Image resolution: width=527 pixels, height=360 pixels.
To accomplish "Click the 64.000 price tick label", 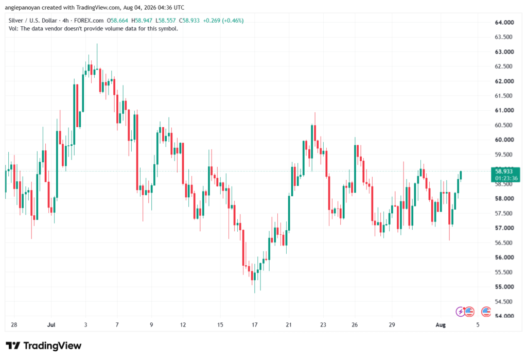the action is [504, 22].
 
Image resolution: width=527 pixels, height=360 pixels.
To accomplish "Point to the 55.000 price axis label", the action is [504, 287].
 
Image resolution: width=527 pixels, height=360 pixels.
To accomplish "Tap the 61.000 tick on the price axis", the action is [504, 110].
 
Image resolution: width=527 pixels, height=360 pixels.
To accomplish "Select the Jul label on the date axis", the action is [51, 324].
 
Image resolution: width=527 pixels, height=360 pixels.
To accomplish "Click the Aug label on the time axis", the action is [441, 324].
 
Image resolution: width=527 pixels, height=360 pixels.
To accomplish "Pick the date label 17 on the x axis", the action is [254, 324].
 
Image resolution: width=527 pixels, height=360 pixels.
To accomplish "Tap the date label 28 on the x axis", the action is [14, 324].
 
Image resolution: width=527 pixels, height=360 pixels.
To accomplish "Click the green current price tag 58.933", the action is [504, 172].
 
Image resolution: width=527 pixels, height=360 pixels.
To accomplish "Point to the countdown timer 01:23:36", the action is [506, 178].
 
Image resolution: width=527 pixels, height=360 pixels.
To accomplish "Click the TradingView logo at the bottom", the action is [43, 346].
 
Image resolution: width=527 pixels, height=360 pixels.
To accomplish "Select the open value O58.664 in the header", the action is [117, 21].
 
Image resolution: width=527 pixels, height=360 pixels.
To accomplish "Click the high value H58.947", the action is [142, 21].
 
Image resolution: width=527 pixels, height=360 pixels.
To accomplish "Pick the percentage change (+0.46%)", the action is [233, 21].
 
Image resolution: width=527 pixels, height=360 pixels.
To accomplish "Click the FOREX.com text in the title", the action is [89, 21].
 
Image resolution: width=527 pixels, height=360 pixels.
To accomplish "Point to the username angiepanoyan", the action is [22, 7].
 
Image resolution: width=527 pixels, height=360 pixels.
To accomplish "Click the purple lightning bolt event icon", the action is [460, 312].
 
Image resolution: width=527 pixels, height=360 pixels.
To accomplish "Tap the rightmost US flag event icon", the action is [486, 312].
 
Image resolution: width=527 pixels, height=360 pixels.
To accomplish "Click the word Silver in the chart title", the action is [15, 21].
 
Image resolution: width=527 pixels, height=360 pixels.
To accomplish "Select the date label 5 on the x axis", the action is [478, 324].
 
